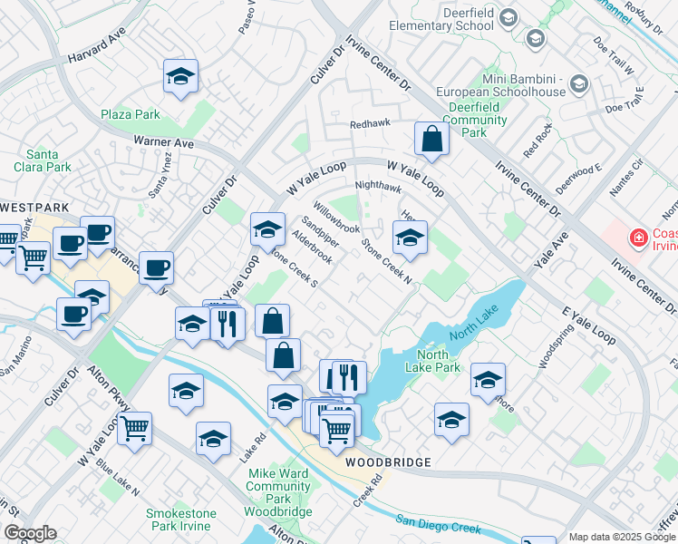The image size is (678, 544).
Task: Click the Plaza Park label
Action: coord(131,115)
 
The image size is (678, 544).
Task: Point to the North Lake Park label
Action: coord(438,360)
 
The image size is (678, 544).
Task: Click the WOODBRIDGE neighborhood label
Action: coord(388,462)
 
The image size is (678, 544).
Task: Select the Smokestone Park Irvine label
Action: coord(181,520)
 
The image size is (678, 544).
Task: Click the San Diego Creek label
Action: coord(438,525)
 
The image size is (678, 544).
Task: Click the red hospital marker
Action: coord(639,238)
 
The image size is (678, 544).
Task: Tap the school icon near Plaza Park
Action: coord(181,77)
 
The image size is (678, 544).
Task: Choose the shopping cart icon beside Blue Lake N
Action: coord(134,428)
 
